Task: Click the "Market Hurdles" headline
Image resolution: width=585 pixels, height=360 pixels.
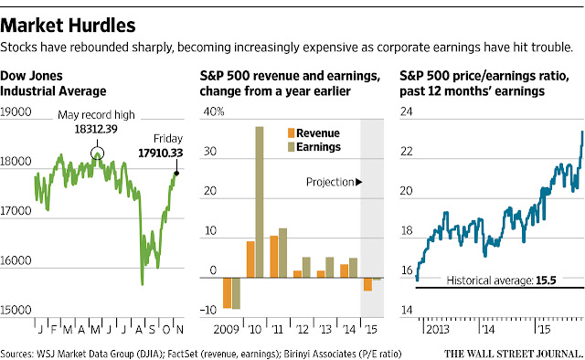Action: [x=68, y=26]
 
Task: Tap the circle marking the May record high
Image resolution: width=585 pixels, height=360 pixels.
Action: [x=98, y=148]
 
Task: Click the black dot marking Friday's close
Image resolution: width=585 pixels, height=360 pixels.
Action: [x=176, y=173]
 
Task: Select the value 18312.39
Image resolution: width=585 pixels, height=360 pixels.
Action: [x=96, y=129]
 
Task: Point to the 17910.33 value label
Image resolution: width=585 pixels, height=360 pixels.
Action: [x=161, y=153]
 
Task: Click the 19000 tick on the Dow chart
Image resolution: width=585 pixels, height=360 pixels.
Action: [x=16, y=111]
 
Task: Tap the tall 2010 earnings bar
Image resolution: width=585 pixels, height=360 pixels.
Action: [x=260, y=202]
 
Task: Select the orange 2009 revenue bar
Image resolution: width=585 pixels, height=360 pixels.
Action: [x=227, y=293]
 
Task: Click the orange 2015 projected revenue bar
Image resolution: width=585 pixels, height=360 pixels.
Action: [x=367, y=284]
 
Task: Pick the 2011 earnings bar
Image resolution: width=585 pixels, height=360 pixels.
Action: [x=282, y=253]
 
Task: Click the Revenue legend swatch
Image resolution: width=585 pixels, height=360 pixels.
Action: [x=291, y=133]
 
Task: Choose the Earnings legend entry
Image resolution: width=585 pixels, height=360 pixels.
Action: [x=314, y=147]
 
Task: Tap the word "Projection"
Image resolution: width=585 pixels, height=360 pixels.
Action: [x=330, y=182]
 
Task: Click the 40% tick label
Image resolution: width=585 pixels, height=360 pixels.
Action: [x=214, y=111]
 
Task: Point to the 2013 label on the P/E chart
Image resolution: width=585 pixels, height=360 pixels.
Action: [x=437, y=330]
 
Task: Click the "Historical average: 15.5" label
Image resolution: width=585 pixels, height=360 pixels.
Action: [x=501, y=281]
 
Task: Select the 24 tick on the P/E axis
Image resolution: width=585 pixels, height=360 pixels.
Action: [x=406, y=111]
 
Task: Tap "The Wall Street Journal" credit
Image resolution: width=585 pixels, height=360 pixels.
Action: [x=514, y=354]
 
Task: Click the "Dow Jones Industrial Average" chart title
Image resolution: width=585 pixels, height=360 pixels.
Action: [x=53, y=83]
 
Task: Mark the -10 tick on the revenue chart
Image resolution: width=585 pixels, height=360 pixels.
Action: [x=207, y=310]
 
